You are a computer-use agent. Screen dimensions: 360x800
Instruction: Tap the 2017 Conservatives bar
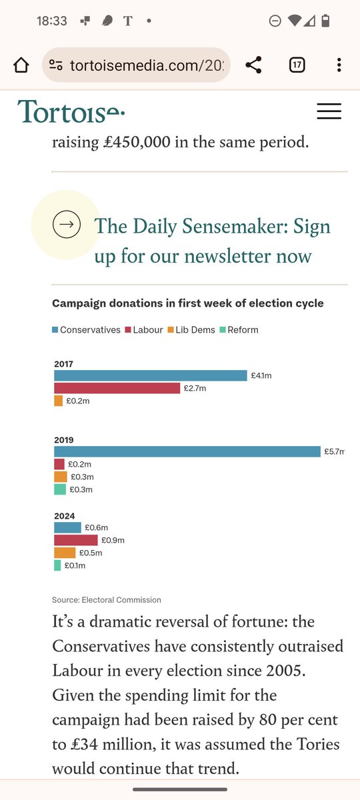[x=151, y=375]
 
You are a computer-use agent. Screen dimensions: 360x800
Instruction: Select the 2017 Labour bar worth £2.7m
[x=117, y=388]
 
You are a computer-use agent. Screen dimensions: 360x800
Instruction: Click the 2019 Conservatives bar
[x=187, y=451]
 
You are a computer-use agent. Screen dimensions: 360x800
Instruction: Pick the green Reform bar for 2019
[x=60, y=489]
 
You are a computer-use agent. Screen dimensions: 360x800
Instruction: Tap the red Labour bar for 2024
[x=76, y=540]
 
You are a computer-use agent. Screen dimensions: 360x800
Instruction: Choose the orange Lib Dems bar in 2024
[x=65, y=553]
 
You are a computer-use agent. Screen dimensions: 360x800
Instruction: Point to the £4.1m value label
[x=261, y=376]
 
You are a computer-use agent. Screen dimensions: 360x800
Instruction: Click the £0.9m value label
[x=113, y=541]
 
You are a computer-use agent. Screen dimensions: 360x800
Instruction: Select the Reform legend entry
[x=239, y=329]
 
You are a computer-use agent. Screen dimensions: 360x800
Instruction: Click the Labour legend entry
[x=144, y=329]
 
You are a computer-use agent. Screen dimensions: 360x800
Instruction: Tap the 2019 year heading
[x=64, y=440]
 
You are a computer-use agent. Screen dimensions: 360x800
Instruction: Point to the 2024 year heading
[x=64, y=516]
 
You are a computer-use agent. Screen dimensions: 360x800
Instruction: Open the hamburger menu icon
[x=329, y=111]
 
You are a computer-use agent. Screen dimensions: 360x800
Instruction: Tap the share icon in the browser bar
[x=253, y=65]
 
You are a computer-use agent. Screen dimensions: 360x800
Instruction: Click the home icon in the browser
[x=21, y=65]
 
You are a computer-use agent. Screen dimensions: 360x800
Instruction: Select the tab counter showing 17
[x=297, y=65]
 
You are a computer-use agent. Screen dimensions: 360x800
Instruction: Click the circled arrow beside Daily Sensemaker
[x=67, y=224]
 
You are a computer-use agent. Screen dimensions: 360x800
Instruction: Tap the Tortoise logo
[x=71, y=111]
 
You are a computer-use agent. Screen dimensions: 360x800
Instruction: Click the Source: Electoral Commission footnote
[x=107, y=600]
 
